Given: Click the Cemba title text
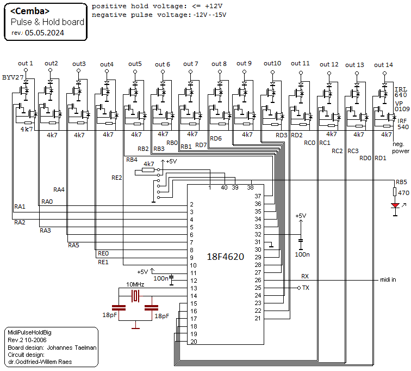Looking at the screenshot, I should click(30, 11).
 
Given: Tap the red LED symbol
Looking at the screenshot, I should click(395, 205).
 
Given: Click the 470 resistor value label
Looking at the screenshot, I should click(403, 193).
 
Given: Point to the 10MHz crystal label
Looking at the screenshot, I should click(135, 284).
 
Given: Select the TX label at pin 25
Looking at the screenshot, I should click(306, 288).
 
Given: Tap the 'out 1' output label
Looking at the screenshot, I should click(25, 63).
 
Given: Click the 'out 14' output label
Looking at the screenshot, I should click(384, 65).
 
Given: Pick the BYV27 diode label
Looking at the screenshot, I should click(13, 77).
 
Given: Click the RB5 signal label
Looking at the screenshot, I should click(401, 182).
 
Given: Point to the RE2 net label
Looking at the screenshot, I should click(117, 178).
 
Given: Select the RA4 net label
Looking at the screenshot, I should click(59, 190).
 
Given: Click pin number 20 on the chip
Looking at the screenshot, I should click(193, 342).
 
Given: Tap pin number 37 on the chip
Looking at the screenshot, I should click(258, 196).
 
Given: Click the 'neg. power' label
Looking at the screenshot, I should click(401, 148).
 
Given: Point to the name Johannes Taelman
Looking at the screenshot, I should click(72, 347).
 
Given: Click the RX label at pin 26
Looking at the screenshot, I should click(304, 277).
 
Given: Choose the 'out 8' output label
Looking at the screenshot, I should click(220, 64).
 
